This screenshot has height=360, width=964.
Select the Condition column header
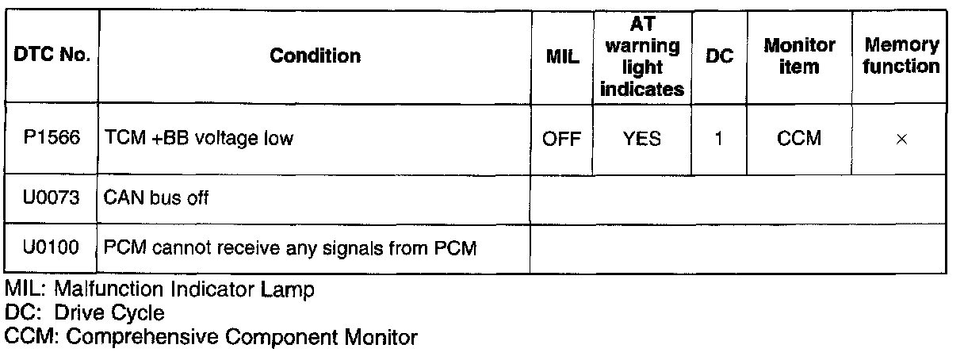coord(315,56)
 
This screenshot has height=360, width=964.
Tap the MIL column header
coord(563,56)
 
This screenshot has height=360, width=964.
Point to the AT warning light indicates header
coord(642,56)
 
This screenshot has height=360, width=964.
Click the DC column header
coord(720,56)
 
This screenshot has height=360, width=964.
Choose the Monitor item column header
coord(799,56)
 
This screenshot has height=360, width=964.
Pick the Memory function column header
coord(901,56)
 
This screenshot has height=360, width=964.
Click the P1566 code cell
coord(52,139)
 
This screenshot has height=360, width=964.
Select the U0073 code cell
coord(52,198)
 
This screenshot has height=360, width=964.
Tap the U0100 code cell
coord(52,248)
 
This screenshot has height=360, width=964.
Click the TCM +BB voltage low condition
coord(199,139)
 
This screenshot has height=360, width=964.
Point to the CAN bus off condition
coord(157,198)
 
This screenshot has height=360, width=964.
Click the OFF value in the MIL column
coord(562,140)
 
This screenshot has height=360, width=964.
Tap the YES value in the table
coord(642,140)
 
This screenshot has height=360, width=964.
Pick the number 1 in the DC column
coord(719,140)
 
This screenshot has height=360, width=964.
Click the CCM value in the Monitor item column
coord(799,140)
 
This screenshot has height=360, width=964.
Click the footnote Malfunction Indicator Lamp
coord(159,289)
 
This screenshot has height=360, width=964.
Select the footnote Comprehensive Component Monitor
coord(211,337)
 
